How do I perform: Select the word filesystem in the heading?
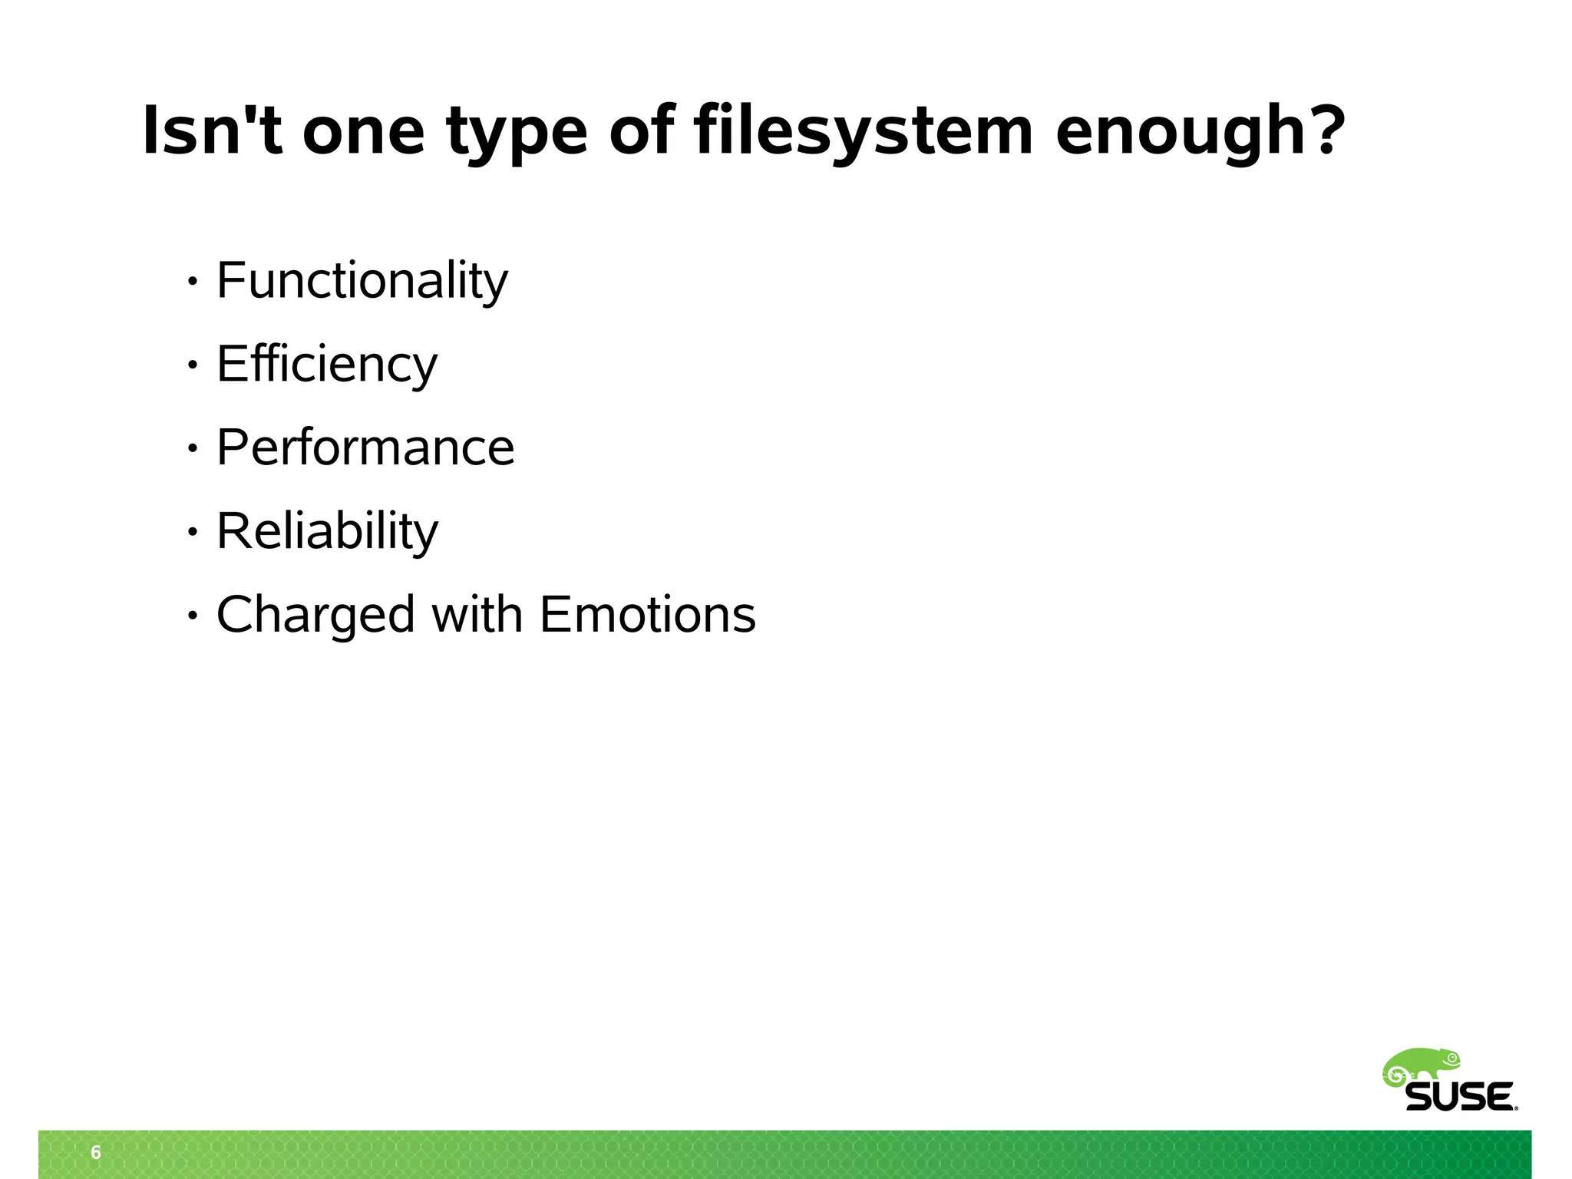coord(864,132)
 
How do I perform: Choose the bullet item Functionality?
coord(362,281)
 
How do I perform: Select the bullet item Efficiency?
coord(327,365)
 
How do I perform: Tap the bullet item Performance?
coord(365,447)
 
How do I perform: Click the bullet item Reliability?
coord(328,531)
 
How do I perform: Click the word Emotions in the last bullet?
coord(648,615)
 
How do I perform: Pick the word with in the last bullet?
coord(477,614)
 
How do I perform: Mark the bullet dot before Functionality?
coord(193,282)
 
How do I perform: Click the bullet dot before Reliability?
coord(193,532)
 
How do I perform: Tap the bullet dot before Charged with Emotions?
coord(193,616)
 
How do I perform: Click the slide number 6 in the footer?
coord(96,1152)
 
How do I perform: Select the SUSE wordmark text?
coord(1461,1097)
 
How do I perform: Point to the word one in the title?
coord(363,132)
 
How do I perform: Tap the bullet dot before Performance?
coord(193,448)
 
